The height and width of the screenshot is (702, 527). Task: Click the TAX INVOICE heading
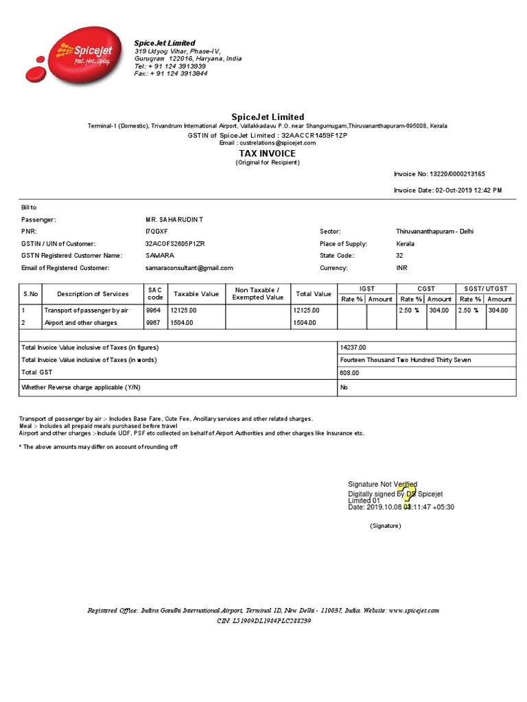tap(267, 154)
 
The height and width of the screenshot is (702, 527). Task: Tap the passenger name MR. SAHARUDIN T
tap(174, 219)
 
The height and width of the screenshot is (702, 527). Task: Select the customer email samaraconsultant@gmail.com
tap(189, 268)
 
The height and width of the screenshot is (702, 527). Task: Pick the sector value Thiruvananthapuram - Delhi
tap(434, 232)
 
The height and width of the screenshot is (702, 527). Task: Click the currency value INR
tap(401, 268)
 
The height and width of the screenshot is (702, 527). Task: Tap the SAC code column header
tap(154, 293)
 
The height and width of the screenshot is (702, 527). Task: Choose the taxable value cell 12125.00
tap(183, 310)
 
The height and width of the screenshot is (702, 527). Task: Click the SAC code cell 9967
tap(153, 322)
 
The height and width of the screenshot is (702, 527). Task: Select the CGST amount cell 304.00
tap(439, 310)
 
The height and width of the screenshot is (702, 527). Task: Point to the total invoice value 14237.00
tap(353, 348)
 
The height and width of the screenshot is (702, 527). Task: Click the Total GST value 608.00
tap(349, 372)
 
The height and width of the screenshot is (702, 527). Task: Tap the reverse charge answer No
tap(344, 387)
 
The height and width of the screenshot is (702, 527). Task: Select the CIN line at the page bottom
tap(263, 620)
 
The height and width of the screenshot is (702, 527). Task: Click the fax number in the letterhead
tap(171, 73)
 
